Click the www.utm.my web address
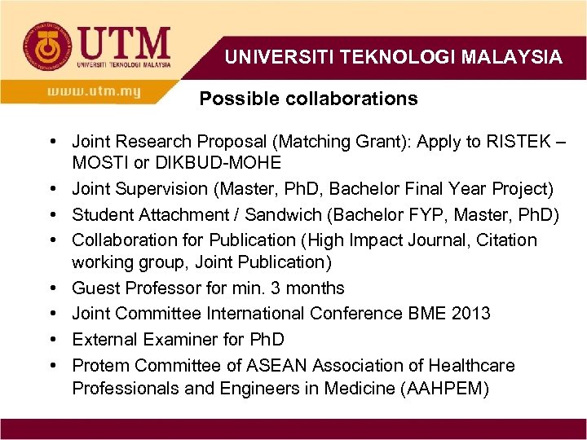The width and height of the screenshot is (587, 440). [94, 92]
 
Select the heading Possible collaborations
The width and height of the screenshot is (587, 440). [308, 99]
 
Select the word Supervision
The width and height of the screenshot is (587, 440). [163, 189]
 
